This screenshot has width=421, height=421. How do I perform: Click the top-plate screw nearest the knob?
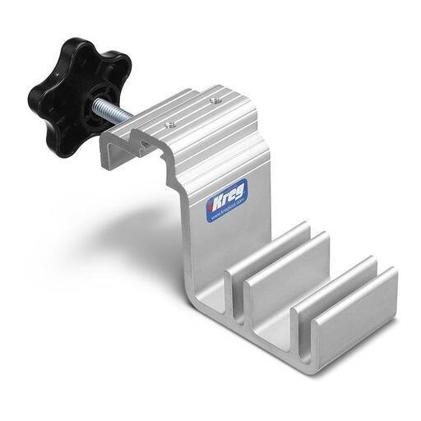pos(168,124)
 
